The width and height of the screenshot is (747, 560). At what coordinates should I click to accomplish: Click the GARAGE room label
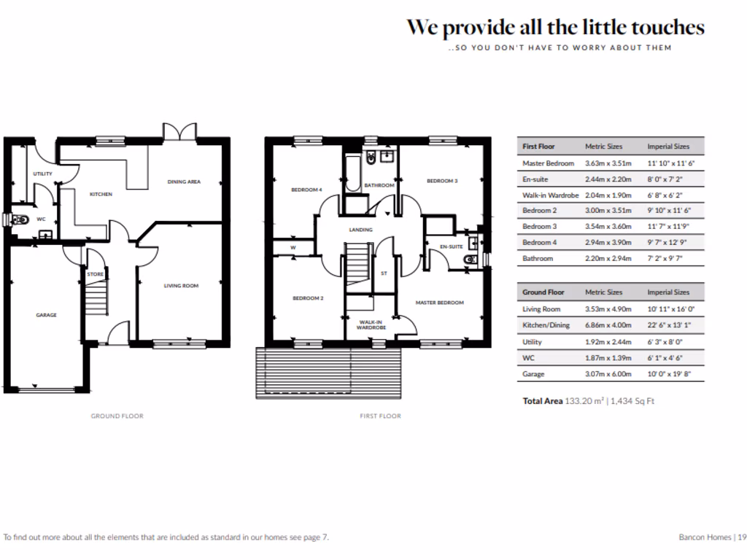click(47, 315)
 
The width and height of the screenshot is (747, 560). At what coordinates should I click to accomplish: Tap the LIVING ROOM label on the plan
click(181, 286)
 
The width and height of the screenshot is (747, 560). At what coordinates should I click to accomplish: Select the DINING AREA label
click(184, 182)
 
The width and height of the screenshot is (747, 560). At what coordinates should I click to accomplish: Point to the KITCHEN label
click(101, 194)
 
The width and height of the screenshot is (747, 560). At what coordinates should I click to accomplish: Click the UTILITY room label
click(42, 174)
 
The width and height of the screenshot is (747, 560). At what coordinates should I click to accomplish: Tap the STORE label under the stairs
click(96, 274)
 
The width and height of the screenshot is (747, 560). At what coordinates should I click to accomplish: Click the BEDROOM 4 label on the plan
click(306, 190)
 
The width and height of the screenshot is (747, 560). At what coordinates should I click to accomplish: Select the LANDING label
click(360, 230)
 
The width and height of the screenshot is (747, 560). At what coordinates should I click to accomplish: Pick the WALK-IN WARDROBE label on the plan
click(371, 324)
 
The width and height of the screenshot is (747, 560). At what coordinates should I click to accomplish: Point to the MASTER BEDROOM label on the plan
click(440, 302)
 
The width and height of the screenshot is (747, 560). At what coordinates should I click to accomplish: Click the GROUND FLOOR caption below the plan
click(117, 416)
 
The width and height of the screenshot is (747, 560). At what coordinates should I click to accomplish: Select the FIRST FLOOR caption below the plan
click(380, 416)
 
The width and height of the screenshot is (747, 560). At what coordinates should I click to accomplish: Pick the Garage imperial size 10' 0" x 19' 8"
click(668, 374)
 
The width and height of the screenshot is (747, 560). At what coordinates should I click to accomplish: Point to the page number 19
click(741, 537)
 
